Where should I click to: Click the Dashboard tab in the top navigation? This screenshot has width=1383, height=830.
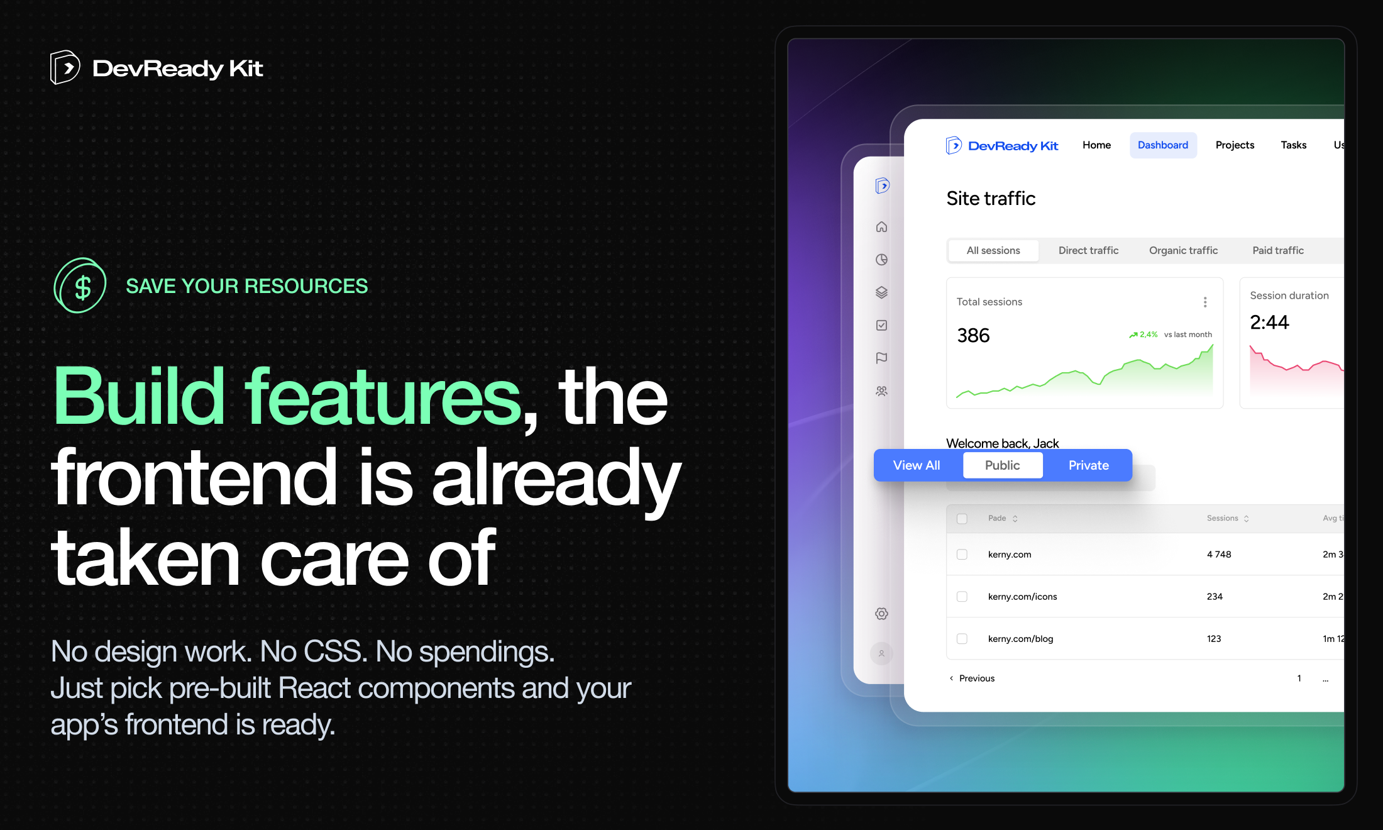pos(1163,145)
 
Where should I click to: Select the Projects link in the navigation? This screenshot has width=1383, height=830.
pos(1235,145)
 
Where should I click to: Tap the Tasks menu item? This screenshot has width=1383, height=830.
pos(1293,145)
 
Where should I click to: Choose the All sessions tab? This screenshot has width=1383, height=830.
pos(993,250)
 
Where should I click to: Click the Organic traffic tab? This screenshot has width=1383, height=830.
pos(1183,250)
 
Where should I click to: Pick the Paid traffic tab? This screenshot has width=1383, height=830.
pos(1278,250)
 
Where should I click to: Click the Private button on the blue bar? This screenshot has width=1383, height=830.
pos(1088,465)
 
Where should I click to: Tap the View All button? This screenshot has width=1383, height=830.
pos(917,465)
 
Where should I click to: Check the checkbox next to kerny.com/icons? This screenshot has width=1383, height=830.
pos(962,596)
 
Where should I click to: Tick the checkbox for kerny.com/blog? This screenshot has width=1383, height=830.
pos(962,638)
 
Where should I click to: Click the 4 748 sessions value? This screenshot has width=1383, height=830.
pos(1219,554)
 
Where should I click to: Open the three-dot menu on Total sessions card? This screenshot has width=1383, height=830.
pos(1205,302)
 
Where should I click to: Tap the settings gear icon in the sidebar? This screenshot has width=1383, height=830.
pos(882,614)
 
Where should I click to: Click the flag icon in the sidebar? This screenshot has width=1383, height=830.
pos(882,358)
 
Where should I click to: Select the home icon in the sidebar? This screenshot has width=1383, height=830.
pos(882,227)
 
